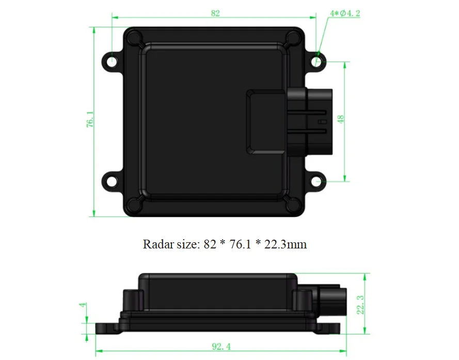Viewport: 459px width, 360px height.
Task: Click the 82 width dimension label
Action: pyautogui.click(x=215, y=13)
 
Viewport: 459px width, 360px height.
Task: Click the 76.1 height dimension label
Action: pyautogui.click(x=90, y=120)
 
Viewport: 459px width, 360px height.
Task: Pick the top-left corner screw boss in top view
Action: pyautogui.click(x=135, y=38)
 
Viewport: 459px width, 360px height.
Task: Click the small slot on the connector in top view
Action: pyautogui.click(x=322, y=122)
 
